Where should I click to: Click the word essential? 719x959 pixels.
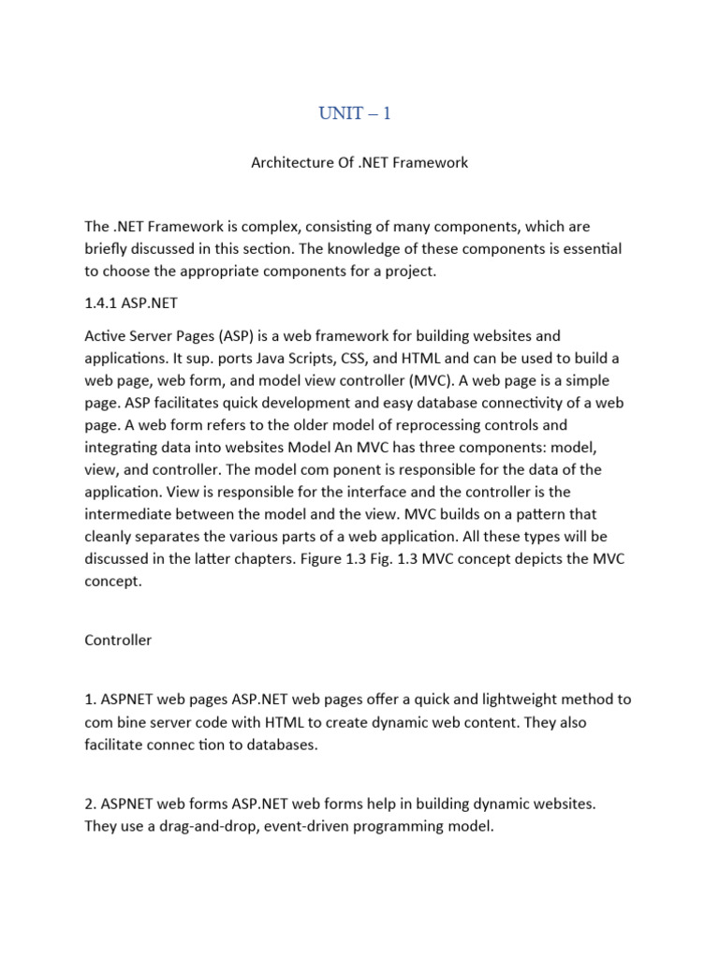pyautogui.click(x=587, y=248)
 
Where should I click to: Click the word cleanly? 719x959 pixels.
pyautogui.click(x=110, y=537)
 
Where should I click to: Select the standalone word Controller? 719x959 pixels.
pyautogui.click(x=118, y=641)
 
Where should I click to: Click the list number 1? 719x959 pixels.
pyautogui.click(x=89, y=700)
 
